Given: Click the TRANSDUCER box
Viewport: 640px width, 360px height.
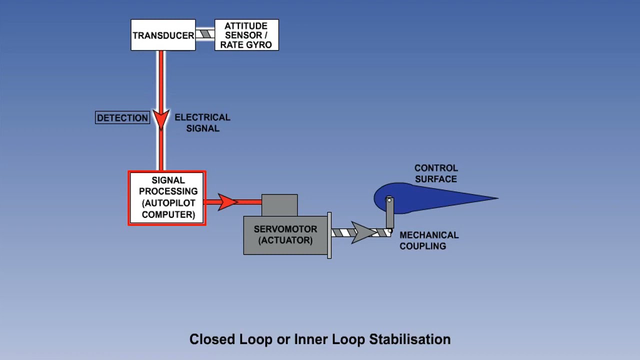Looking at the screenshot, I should click(163, 35).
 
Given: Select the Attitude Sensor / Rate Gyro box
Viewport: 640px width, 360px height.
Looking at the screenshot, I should click(246, 35).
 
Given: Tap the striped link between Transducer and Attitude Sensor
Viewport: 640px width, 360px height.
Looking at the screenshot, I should click(205, 34).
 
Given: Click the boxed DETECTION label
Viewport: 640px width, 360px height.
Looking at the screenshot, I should click(122, 118).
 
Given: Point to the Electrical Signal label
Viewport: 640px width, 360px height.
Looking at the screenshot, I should click(202, 122).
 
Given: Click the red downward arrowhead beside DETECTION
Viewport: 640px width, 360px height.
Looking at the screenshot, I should click(161, 119).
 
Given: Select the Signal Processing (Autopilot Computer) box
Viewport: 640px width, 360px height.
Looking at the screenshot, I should click(167, 198).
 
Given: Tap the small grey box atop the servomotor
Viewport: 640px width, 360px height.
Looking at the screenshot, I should click(279, 205).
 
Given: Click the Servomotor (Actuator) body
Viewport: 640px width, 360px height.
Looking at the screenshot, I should click(285, 235).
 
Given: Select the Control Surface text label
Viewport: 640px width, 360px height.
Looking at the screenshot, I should click(436, 173).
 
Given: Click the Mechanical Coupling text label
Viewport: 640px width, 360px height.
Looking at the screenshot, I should click(428, 240).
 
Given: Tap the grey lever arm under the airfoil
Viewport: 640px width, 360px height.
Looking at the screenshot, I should click(389, 215).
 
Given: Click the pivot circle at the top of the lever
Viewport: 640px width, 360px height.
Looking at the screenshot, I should click(389, 200).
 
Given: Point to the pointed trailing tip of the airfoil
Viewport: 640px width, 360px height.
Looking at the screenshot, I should click(496, 198).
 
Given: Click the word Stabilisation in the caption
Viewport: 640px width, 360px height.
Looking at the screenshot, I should click(409, 339).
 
